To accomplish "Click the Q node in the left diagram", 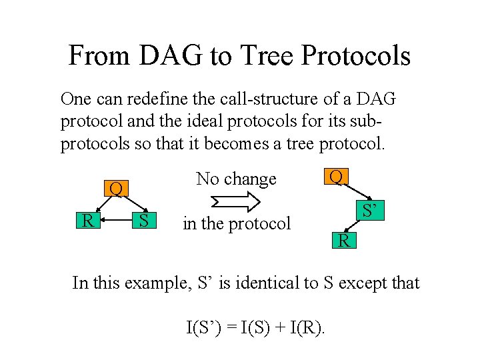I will pyautogui.click(x=115, y=189).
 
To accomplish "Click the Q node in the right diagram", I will pyautogui.click(x=337, y=177).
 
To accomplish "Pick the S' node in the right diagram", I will pyautogui.click(x=372, y=211).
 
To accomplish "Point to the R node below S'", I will pyautogui.click(x=344, y=241).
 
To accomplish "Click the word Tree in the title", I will pyautogui.click(x=265, y=56).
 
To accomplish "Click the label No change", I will pyautogui.click(x=236, y=179).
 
